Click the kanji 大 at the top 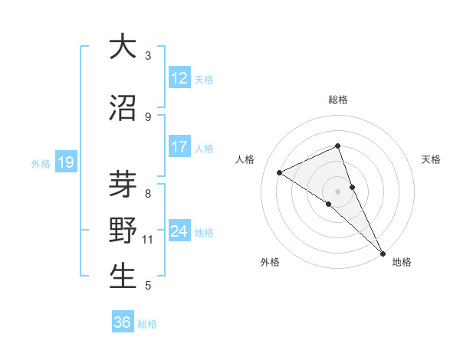[123, 47]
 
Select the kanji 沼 [123, 108]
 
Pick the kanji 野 [123, 231]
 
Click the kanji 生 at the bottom [123, 276]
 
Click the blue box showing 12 [179, 78]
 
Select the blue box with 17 [179, 147]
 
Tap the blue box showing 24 [179, 231]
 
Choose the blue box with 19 [65, 162]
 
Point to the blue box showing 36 [123, 322]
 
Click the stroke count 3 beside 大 [148, 56]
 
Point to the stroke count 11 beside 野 [148, 240]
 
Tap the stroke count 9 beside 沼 [148, 116]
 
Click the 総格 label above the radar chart [338, 100]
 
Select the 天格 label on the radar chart [431, 159]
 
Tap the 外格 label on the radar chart [270, 262]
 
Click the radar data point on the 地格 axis [382, 251]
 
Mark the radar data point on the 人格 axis [280, 172]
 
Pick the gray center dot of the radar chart [337, 190]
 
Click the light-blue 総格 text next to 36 [147, 324]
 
